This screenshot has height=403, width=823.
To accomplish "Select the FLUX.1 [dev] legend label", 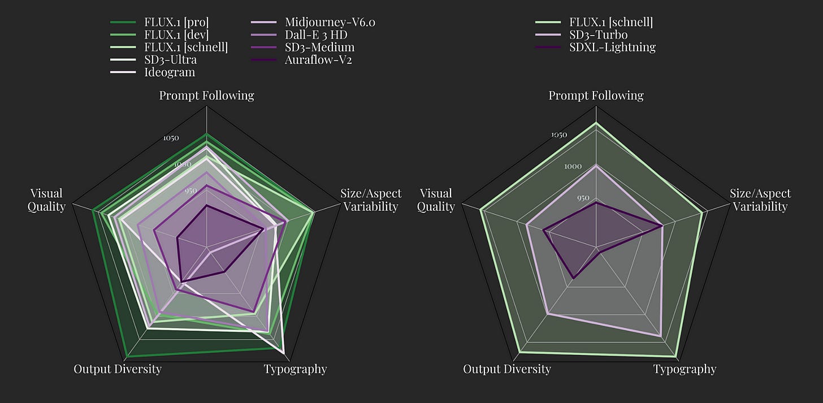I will tap(177, 35).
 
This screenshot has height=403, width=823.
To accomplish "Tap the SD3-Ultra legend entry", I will tap(170, 60).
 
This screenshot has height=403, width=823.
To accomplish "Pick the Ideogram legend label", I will tap(169, 72).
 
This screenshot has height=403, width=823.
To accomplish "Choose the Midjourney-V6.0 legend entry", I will tap(330, 23).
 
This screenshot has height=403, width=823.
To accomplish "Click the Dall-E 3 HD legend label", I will tap(316, 35).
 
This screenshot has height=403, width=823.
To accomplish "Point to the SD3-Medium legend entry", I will tap(319, 47).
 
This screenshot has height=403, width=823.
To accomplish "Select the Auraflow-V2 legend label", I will tap(318, 60).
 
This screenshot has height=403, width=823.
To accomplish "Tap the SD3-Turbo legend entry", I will tap(598, 35).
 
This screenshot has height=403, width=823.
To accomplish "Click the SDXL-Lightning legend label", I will tap(613, 47).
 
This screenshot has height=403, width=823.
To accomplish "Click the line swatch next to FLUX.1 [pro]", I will tap(123, 23).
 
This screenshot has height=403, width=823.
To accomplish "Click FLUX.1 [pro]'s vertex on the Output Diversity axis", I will tap(125, 357).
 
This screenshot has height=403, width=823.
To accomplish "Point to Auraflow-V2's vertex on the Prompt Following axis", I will tap(207, 206).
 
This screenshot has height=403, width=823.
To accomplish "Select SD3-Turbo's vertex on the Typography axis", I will tap(661, 336).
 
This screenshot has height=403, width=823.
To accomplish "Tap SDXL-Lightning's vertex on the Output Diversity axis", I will tap(573, 278).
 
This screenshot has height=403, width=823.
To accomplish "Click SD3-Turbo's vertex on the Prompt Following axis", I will tap(596, 166).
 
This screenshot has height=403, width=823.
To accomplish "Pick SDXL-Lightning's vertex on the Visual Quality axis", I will tap(544, 230).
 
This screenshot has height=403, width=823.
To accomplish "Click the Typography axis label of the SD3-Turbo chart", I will tap(685, 370).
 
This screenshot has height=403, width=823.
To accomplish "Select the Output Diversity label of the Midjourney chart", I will tap(118, 370).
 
